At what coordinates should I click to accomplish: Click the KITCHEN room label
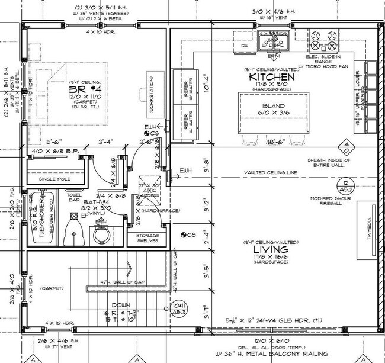coord(272,77)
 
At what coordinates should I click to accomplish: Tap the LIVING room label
coord(272,250)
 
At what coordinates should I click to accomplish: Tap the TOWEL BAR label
coord(75,198)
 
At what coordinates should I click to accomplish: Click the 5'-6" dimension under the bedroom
coord(56,142)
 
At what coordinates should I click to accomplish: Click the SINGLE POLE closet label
coord(54,178)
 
